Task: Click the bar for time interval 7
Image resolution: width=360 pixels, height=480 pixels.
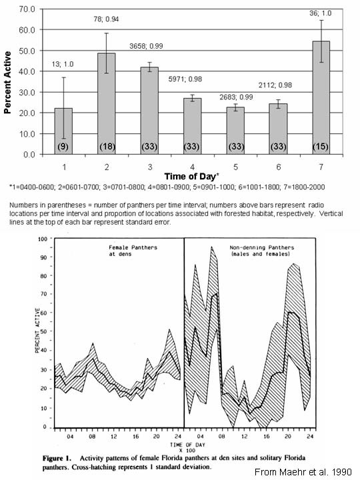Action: (321, 97)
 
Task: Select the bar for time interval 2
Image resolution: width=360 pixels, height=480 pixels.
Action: (107, 104)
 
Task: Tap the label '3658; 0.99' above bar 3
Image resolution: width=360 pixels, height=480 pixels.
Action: (146, 46)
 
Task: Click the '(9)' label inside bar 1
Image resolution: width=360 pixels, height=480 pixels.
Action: (63, 147)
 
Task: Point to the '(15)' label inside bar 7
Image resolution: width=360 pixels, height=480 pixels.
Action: (321, 147)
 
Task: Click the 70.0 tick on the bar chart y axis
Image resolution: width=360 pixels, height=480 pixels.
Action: (27, 9)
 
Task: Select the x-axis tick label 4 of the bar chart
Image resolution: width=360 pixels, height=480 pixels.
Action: (192, 167)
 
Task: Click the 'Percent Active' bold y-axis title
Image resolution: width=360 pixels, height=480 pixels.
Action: (7, 82)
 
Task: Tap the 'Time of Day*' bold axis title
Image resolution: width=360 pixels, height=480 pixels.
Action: (192, 177)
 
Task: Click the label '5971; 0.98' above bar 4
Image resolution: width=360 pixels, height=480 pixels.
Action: (185, 79)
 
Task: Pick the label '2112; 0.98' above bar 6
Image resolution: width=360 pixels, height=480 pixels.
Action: (275, 85)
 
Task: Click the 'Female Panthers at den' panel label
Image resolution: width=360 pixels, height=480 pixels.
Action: (133, 251)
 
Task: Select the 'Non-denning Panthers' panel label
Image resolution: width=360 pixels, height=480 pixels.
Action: (262, 247)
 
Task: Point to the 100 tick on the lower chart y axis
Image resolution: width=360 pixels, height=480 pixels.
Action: (42, 239)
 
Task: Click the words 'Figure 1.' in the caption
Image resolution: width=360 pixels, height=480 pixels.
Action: (57, 458)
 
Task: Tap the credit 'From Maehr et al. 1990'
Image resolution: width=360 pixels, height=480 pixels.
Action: (303, 472)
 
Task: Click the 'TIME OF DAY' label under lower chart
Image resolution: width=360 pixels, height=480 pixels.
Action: (187, 445)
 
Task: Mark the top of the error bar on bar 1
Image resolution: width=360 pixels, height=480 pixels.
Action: (64, 77)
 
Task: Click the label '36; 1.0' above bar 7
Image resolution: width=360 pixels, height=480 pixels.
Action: (320, 13)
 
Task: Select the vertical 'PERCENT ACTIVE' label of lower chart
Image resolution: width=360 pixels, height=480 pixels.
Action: (37, 330)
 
